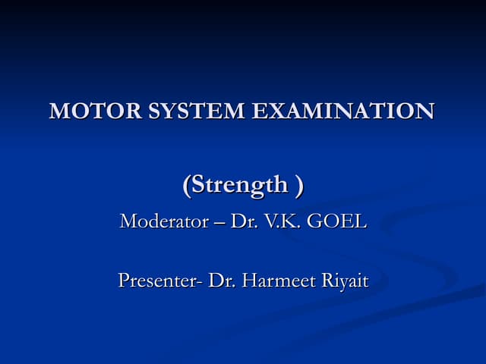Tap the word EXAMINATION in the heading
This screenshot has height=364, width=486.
click(342, 111)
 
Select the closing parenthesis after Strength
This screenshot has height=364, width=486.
click(300, 184)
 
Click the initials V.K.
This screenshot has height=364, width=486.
click(281, 222)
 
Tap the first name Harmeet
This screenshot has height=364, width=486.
click(273, 281)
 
